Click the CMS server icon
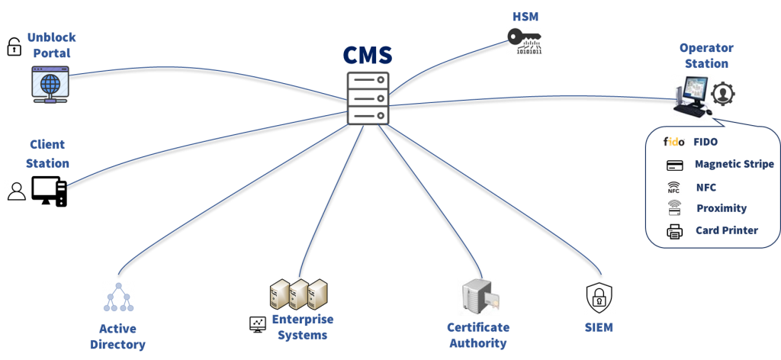[x=368, y=98]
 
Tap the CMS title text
[x=368, y=55]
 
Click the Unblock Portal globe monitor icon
[x=50, y=84]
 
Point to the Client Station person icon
[x=16, y=191]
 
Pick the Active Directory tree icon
[x=118, y=297]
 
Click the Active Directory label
[x=117, y=336]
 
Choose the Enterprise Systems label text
[x=303, y=327]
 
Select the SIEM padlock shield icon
[x=599, y=297]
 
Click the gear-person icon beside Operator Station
[x=723, y=94]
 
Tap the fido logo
[x=674, y=141]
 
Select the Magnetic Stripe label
[x=734, y=164]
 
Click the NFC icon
[x=673, y=187]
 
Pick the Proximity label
[x=721, y=208]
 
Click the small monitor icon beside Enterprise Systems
[x=256, y=323]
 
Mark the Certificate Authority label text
[x=478, y=335]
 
